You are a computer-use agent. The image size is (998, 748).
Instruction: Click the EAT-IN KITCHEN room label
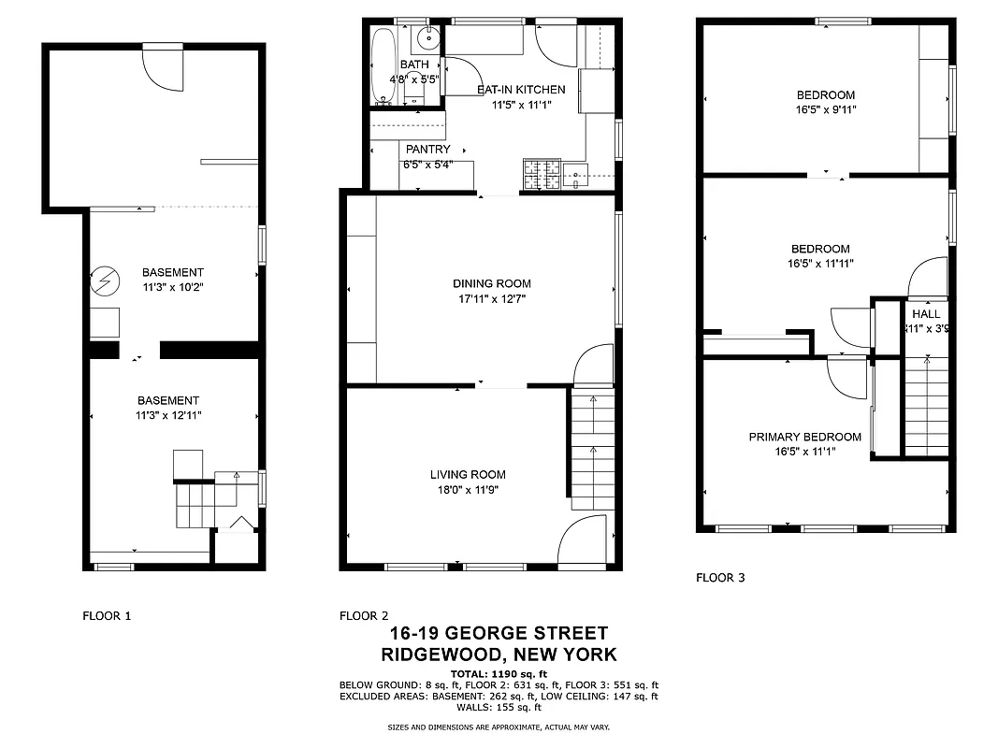[x=521, y=90]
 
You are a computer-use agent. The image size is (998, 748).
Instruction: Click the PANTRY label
[x=427, y=150]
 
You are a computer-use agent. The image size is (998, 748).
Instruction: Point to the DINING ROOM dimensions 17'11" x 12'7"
[x=491, y=299]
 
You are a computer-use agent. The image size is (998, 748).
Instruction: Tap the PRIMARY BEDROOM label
[x=804, y=437]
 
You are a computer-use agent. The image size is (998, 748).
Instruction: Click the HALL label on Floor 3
[x=926, y=314]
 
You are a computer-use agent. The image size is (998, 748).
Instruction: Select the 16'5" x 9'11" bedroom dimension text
[x=826, y=109]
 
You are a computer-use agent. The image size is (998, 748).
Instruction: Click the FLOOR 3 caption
[x=720, y=578]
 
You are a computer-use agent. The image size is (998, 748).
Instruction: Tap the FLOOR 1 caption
[x=108, y=615]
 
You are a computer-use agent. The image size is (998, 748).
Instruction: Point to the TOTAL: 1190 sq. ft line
[x=499, y=673]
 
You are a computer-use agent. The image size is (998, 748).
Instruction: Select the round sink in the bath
[x=427, y=39]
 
